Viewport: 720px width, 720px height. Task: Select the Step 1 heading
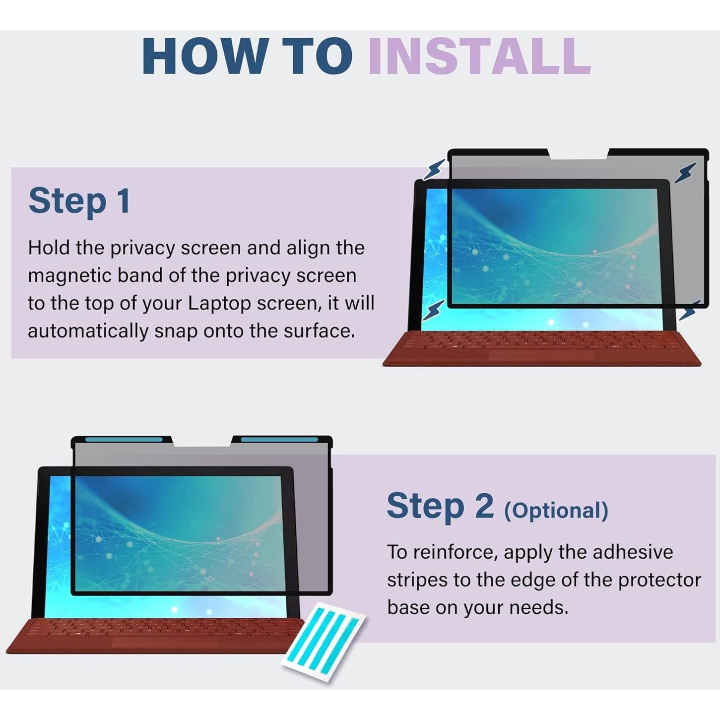tap(79, 201)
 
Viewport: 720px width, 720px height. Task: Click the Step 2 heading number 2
tap(484, 506)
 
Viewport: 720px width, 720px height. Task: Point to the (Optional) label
tap(556, 510)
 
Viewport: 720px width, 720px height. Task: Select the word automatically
tap(87, 331)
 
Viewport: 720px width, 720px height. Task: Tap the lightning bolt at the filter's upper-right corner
tap(685, 173)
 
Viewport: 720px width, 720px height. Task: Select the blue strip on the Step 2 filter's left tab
tap(124, 440)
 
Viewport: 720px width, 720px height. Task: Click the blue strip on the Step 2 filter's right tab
tap(279, 440)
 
